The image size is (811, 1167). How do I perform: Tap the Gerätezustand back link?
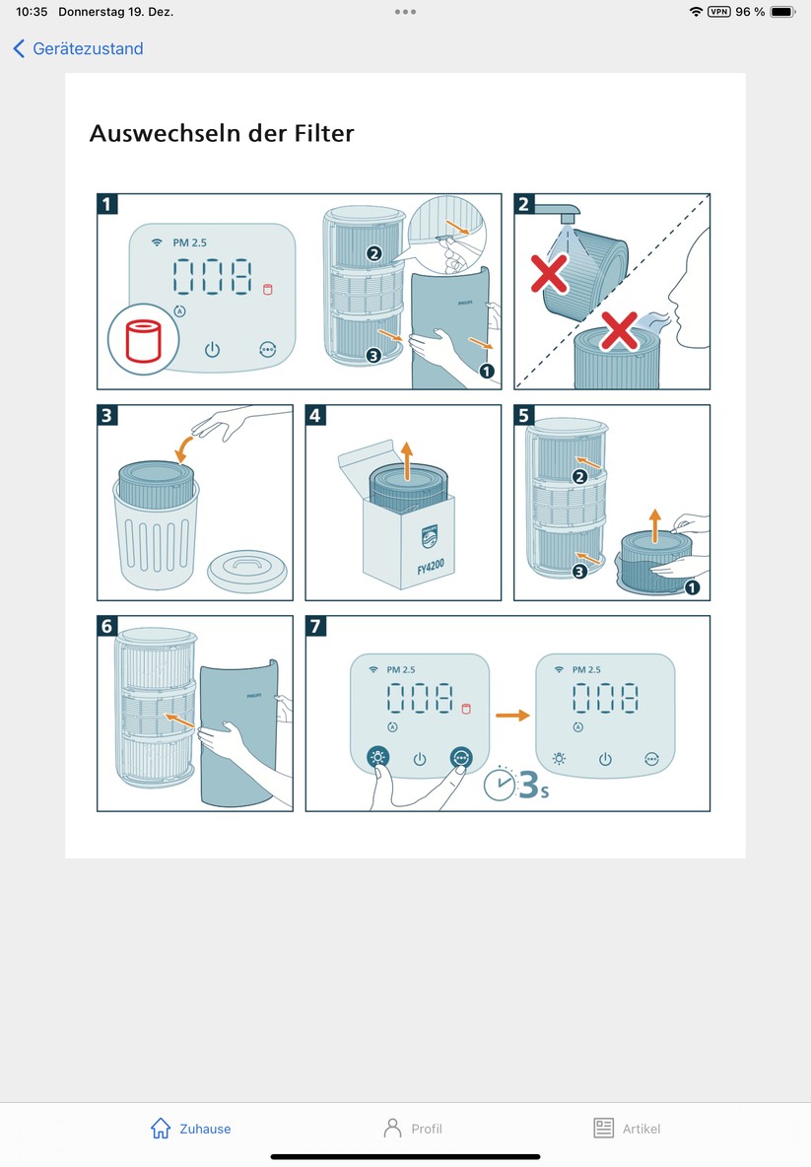click(79, 48)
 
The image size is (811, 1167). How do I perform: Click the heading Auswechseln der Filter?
click(221, 132)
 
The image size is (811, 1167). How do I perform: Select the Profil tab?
click(413, 1129)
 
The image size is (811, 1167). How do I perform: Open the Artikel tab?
click(627, 1129)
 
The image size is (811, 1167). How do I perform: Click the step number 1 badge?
click(107, 204)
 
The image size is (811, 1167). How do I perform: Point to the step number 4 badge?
click(315, 415)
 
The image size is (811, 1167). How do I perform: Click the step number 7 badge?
click(315, 627)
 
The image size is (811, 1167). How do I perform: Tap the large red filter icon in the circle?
click(144, 341)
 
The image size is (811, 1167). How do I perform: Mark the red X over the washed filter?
click(550, 275)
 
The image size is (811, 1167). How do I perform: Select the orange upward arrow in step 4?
click(406, 457)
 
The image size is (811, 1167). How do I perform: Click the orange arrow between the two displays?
click(510, 715)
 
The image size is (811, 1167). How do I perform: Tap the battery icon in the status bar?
click(782, 12)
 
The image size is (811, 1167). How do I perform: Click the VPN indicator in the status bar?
click(719, 12)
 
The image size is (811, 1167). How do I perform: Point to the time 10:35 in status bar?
click(32, 12)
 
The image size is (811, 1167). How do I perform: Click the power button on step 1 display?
click(212, 349)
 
